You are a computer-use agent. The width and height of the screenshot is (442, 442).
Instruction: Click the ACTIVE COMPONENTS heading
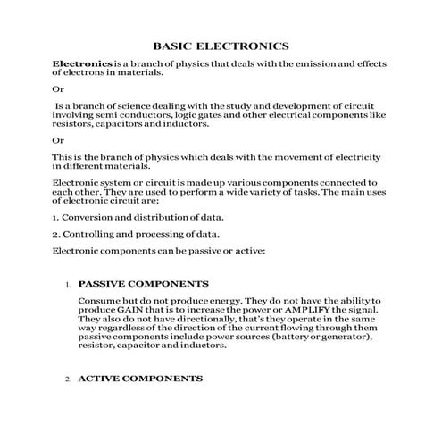coord(140,379)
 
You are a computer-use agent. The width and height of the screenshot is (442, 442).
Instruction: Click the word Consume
coord(101,301)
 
